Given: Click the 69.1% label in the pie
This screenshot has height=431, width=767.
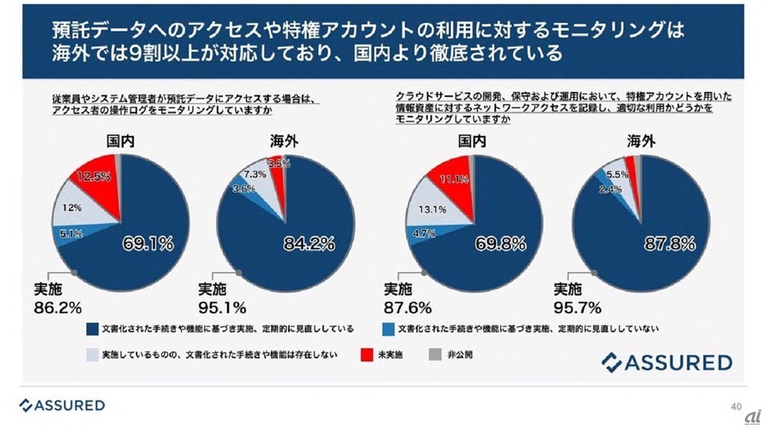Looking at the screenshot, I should point(148,245).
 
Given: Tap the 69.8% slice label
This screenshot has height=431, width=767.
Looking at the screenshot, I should point(500,245).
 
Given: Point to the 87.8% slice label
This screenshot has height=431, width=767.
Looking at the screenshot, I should point(670,245).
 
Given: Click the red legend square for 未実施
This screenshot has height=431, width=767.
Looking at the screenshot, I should point(366,356).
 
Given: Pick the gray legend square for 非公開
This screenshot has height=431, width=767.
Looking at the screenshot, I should point(431,356).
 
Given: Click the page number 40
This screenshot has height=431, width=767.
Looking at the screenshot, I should point(736,406).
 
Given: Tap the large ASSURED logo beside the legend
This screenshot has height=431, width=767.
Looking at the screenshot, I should point(667,361).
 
